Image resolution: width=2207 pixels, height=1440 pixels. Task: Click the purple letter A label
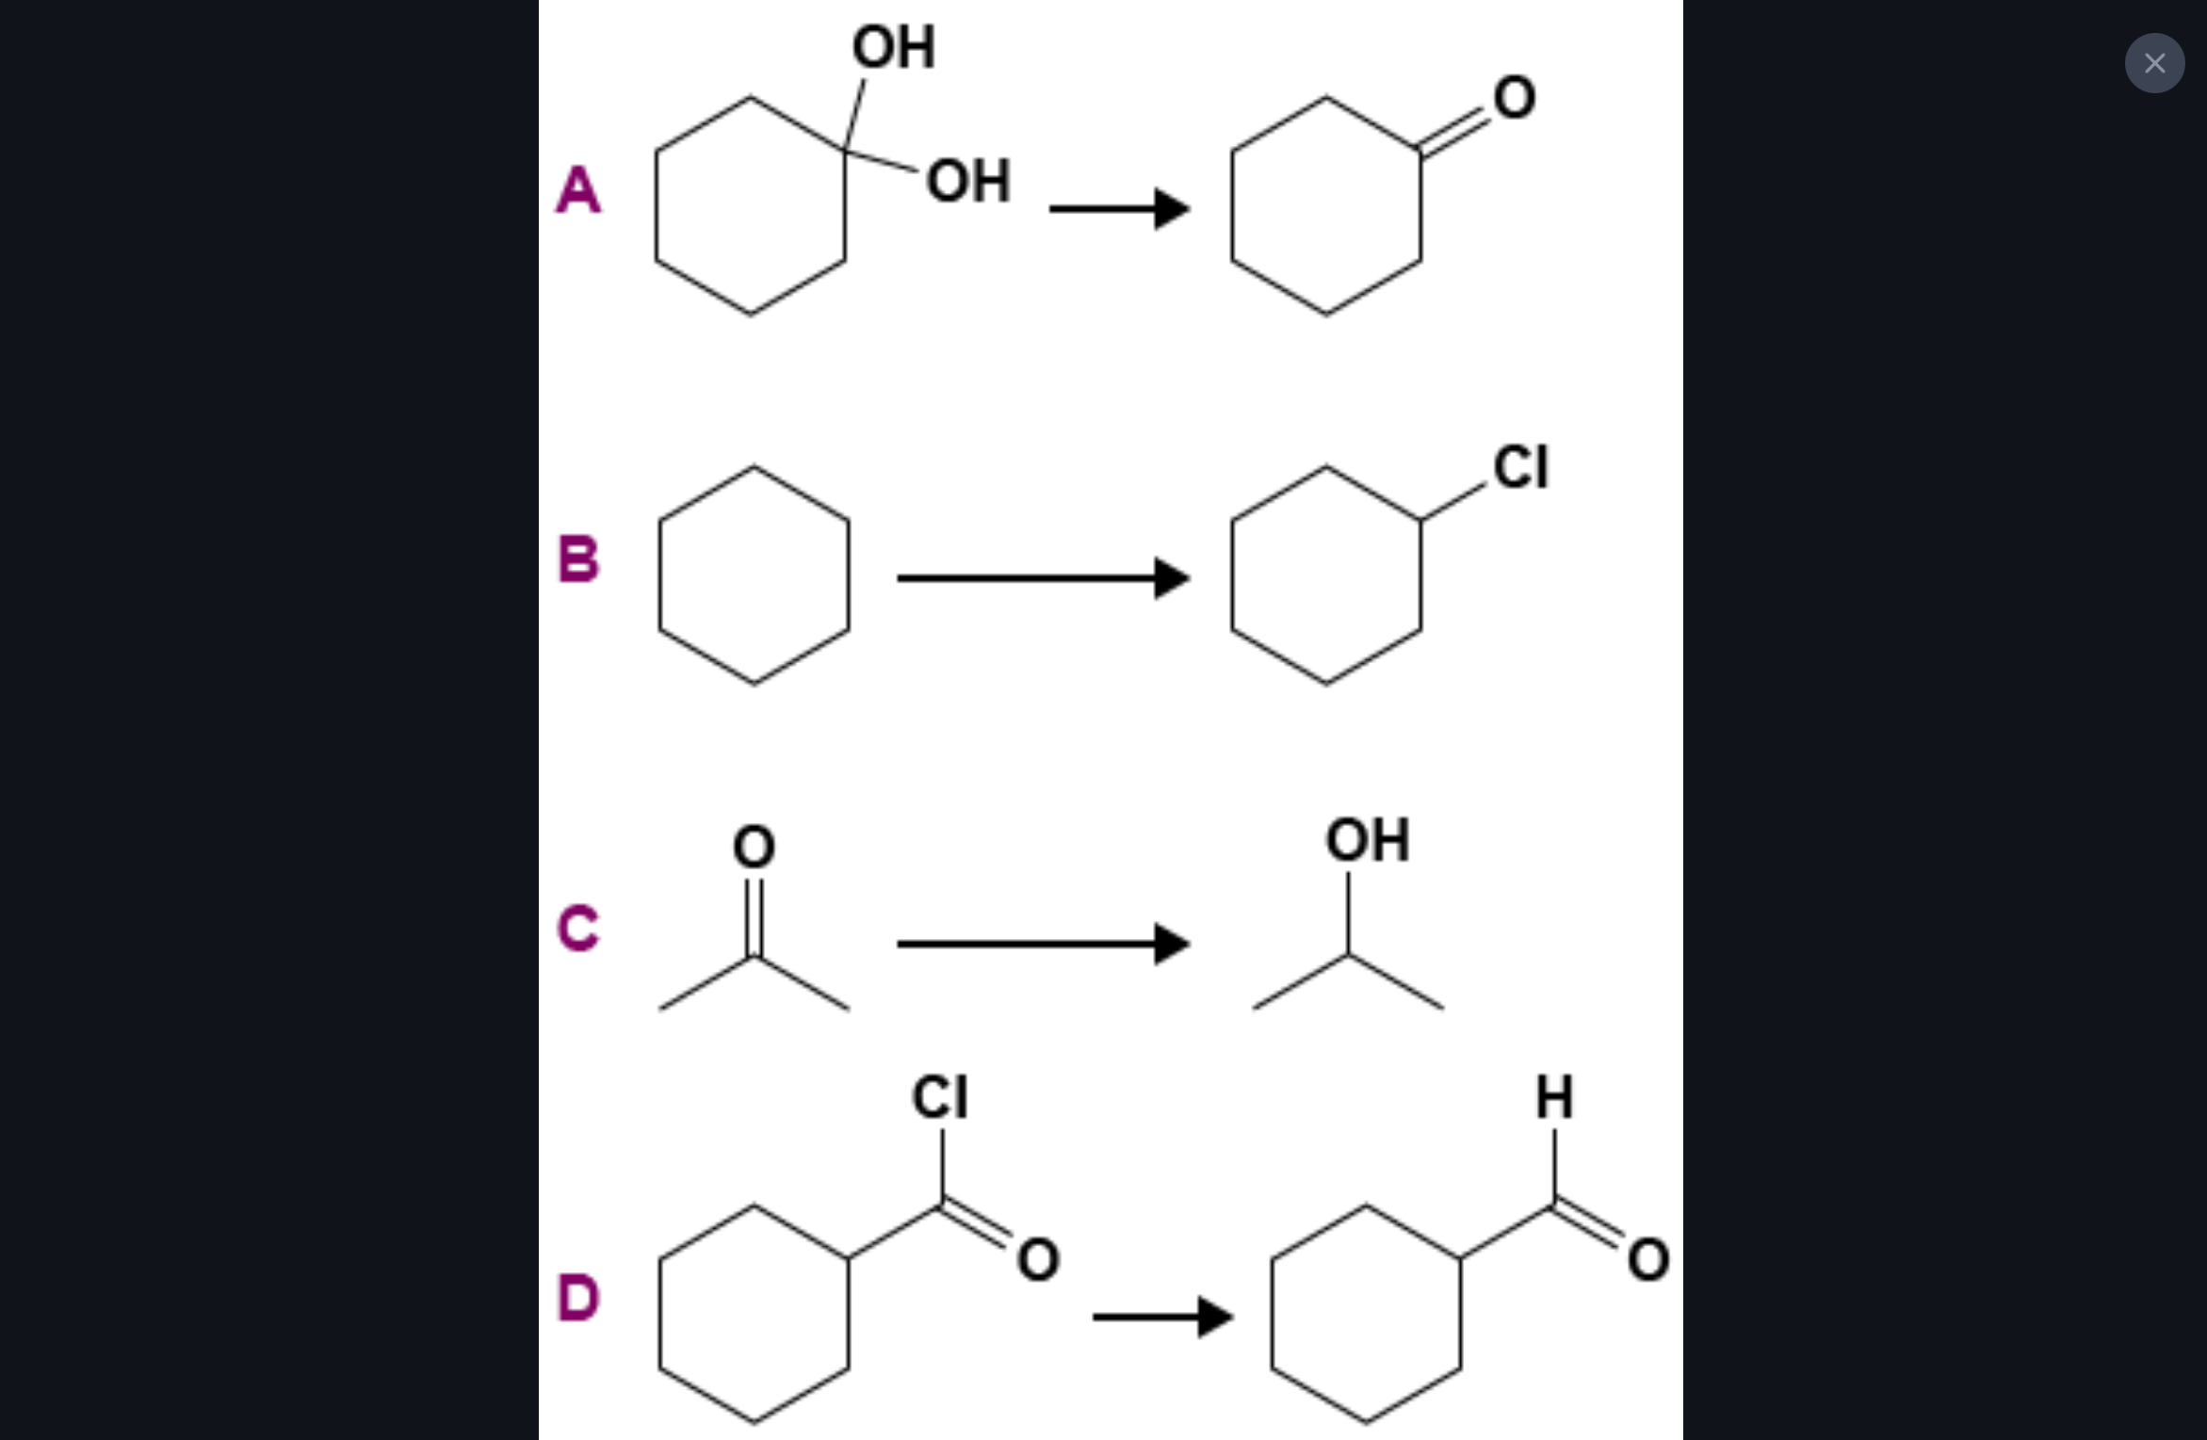pyautogui.click(x=577, y=189)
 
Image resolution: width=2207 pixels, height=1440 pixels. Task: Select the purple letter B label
pyautogui.click(x=577, y=558)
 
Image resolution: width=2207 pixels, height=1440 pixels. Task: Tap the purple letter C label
pyautogui.click(x=577, y=928)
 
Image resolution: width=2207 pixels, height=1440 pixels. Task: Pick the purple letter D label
pyautogui.click(x=577, y=1297)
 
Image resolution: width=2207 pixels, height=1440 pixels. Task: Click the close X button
pyautogui.click(x=2153, y=63)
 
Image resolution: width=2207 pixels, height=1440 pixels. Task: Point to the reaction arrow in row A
pyautogui.click(x=1119, y=208)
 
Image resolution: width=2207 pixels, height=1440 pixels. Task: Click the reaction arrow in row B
pyautogui.click(x=1043, y=577)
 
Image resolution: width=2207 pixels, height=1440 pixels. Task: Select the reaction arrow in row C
pyautogui.click(x=1043, y=943)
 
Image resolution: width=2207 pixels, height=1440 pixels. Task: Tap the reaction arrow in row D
pyautogui.click(x=1162, y=1316)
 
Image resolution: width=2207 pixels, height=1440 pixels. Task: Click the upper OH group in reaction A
pyautogui.click(x=893, y=47)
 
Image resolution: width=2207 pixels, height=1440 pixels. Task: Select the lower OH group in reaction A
pyautogui.click(x=968, y=181)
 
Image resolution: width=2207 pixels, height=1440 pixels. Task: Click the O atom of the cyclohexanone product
pyautogui.click(x=1514, y=97)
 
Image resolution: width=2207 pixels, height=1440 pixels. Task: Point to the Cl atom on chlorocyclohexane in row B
pyautogui.click(x=1520, y=467)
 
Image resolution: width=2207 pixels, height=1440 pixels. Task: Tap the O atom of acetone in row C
pyautogui.click(x=754, y=846)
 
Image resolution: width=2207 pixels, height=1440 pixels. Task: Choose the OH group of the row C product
pyautogui.click(x=1367, y=839)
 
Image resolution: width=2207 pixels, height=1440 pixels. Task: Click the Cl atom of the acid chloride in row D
pyautogui.click(x=939, y=1097)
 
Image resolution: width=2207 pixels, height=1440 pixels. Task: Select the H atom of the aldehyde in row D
pyautogui.click(x=1554, y=1097)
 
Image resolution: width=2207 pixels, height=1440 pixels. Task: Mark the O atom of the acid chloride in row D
pyautogui.click(x=1038, y=1260)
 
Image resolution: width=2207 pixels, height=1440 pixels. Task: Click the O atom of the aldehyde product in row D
pyautogui.click(x=1648, y=1260)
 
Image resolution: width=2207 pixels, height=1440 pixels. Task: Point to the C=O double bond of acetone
pyautogui.click(x=754, y=917)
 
